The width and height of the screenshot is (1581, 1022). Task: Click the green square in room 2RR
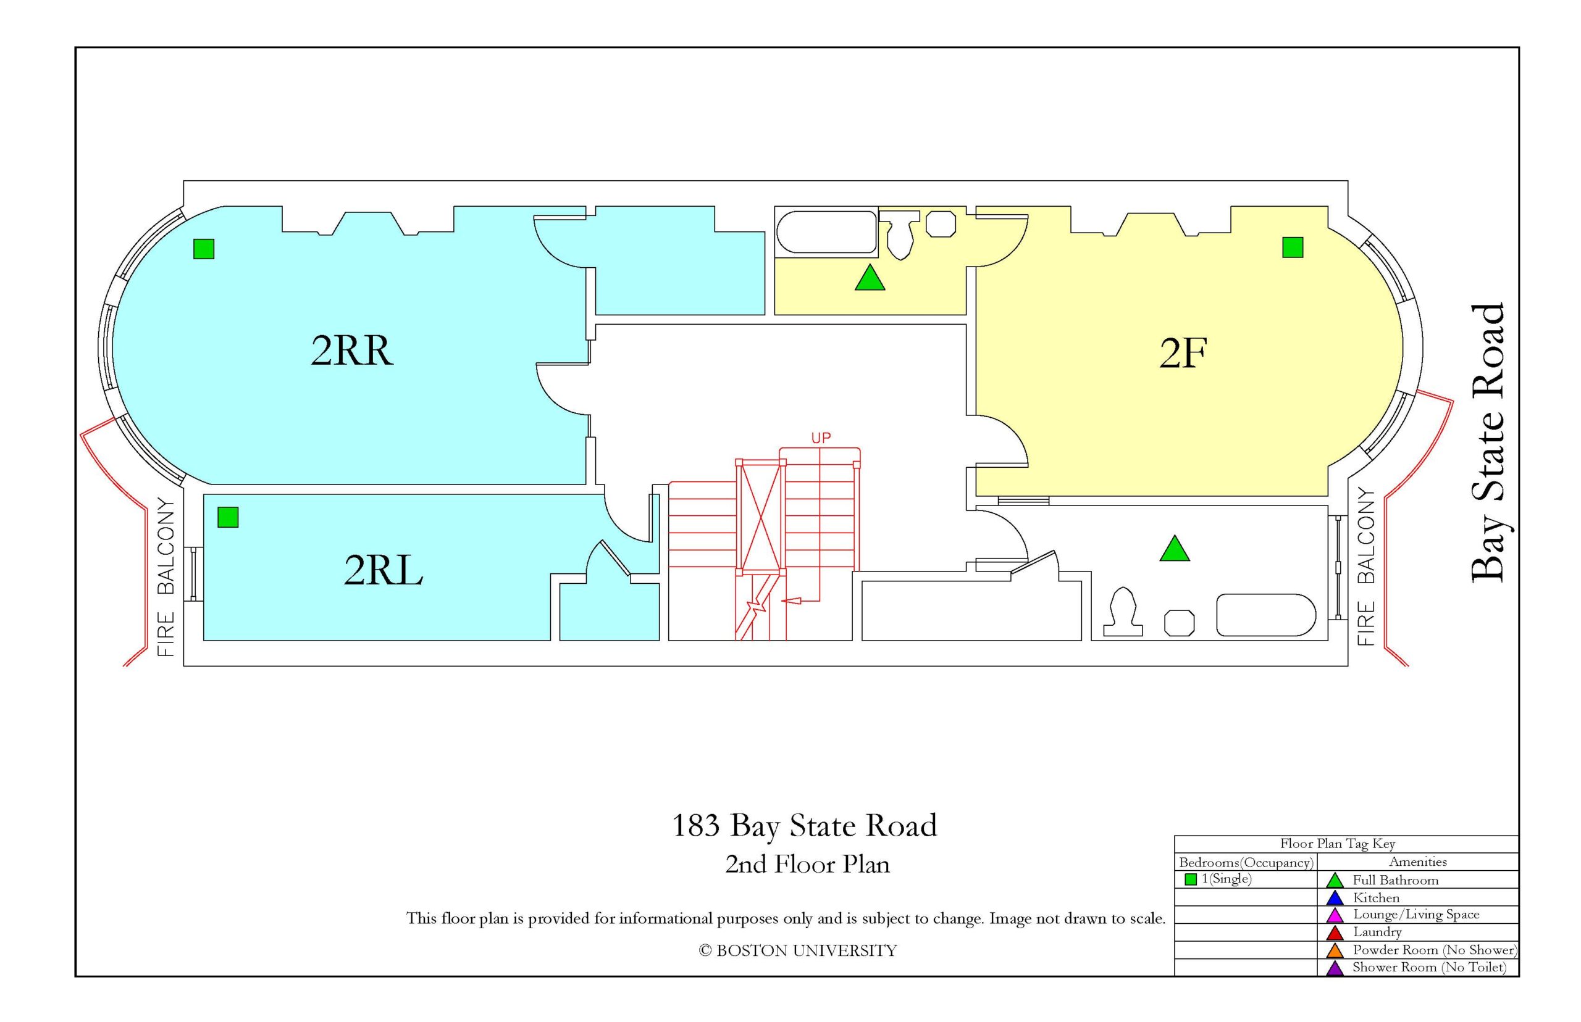pyautogui.click(x=204, y=248)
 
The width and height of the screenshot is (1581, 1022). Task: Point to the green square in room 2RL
pyautogui.click(x=228, y=517)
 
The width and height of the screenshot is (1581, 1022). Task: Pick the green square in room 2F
pyautogui.click(x=1293, y=247)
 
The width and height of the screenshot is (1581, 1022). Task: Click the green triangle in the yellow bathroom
pyautogui.click(x=870, y=277)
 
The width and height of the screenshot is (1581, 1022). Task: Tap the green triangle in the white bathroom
pyautogui.click(x=1175, y=548)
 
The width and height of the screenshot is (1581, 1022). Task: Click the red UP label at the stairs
pyautogui.click(x=821, y=438)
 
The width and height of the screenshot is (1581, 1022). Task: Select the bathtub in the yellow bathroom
pyautogui.click(x=827, y=232)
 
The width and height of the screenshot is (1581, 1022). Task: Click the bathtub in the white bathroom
pyautogui.click(x=1265, y=615)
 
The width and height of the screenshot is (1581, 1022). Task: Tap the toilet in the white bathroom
pyautogui.click(x=1123, y=612)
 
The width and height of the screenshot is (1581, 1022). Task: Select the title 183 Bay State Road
pyautogui.click(x=804, y=826)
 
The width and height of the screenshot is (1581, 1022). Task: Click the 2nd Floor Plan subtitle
pyautogui.click(x=807, y=864)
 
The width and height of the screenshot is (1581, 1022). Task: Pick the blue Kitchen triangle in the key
pyautogui.click(x=1335, y=899)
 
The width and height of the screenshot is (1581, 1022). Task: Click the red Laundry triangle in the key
pyautogui.click(x=1335, y=933)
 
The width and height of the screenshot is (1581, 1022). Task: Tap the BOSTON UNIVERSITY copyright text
pyautogui.click(x=797, y=951)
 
